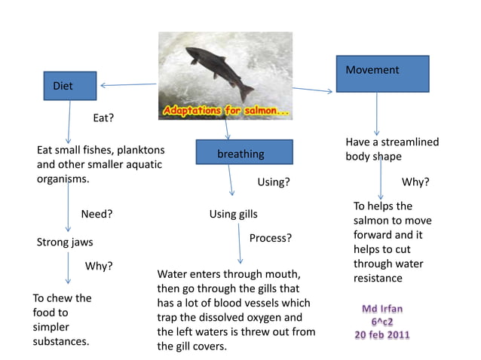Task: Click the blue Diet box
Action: pyautogui.click(x=70, y=86)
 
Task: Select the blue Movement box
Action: pyautogui.click(x=381, y=74)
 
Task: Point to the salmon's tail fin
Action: pyautogui.click(x=246, y=92)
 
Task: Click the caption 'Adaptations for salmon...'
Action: pyautogui.click(x=225, y=111)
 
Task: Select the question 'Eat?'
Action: pyautogui.click(x=103, y=118)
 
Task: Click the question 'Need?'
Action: pyautogui.click(x=97, y=213)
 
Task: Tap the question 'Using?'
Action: pyautogui.click(x=273, y=182)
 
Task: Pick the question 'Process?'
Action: pyautogui.click(x=270, y=238)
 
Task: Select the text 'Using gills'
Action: pyautogui.click(x=233, y=214)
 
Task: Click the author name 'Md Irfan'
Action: pyautogui.click(x=382, y=309)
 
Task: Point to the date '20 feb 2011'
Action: pyautogui.click(x=382, y=334)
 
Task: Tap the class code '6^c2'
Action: pyautogui.click(x=382, y=322)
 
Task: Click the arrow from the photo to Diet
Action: pyautogui.click(x=127, y=84)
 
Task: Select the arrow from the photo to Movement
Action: pyautogui.click(x=312, y=90)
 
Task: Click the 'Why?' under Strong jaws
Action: pyautogui.click(x=99, y=266)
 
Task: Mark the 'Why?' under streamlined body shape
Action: pyautogui.click(x=415, y=182)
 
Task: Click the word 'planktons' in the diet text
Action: pyautogui.click(x=140, y=150)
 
